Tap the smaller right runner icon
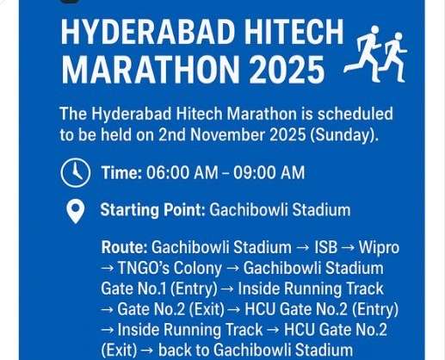click(x=393, y=56)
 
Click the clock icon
click(x=75, y=173)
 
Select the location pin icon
click(x=75, y=210)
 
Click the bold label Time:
click(x=121, y=173)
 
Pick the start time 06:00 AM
click(x=182, y=173)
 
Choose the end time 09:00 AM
click(x=269, y=173)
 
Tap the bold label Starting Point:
click(x=151, y=210)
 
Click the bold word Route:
click(x=124, y=248)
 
